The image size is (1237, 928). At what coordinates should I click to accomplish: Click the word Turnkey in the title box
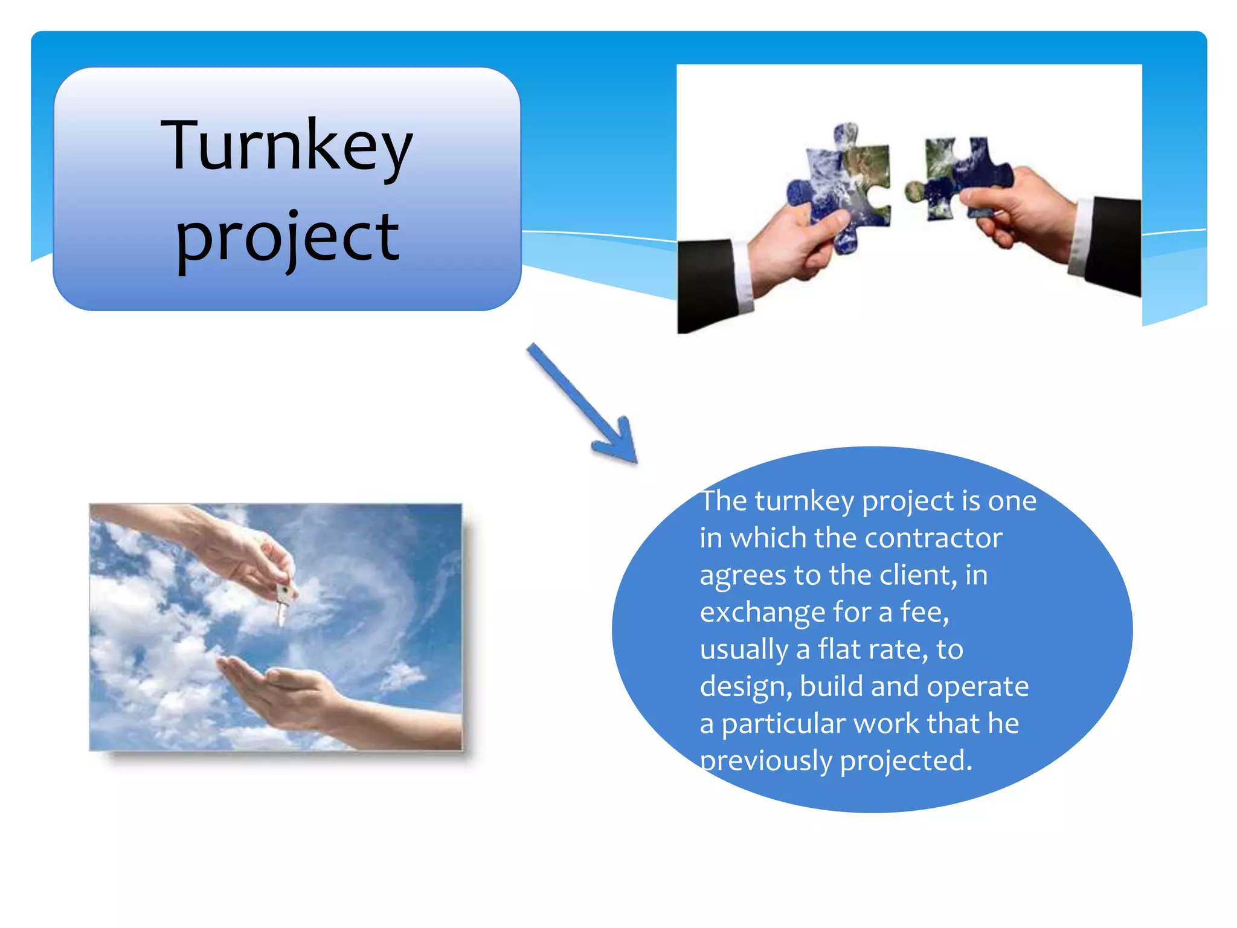286,146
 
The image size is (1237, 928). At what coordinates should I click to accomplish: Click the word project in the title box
288,237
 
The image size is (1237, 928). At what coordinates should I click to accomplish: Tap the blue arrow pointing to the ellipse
580,402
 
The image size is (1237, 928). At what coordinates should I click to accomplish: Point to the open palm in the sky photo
272,683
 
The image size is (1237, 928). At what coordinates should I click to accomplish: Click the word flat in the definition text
839,649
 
